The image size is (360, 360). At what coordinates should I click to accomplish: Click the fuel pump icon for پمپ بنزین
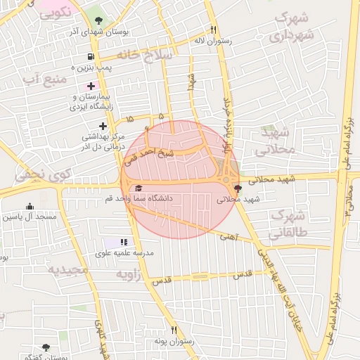[x=91, y=57]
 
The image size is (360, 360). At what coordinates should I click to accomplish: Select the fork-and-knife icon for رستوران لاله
[x=213, y=30]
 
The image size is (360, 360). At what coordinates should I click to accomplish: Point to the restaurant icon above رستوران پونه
[x=174, y=330]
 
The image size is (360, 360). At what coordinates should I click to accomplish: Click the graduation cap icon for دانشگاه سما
[x=139, y=188]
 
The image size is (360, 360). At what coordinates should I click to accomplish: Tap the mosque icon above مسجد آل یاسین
[x=30, y=206]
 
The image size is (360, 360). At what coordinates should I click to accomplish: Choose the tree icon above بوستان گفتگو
[x=46, y=347]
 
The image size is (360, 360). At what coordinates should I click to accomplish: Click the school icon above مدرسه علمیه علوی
[x=125, y=242]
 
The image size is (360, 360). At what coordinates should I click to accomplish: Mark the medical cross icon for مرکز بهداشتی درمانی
[x=103, y=126]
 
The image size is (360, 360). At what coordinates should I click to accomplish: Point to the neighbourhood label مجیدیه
[x=68, y=270]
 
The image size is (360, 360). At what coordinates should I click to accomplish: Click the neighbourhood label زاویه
[x=129, y=274]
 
